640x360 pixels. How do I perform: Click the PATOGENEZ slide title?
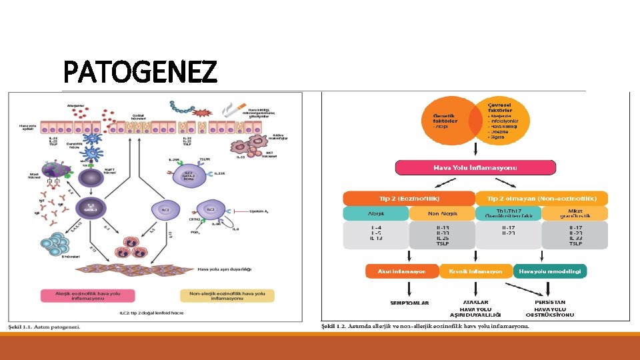point(140,71)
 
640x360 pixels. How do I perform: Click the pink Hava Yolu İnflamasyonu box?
point(475,167)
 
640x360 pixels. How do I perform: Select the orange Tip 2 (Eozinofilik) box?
point(407,198)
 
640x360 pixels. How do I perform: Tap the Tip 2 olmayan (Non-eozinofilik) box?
point(541,198)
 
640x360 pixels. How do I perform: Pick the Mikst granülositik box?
point(575,213)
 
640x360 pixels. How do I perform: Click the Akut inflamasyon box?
point(402,271)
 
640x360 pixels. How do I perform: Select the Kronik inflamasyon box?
point(475,271)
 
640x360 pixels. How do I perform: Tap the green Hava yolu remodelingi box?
point(550,271)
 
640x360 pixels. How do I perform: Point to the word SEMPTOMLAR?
point(410,303)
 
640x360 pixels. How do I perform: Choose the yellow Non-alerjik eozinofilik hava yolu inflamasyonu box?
point(227,295)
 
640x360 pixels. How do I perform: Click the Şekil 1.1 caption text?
point(44,327)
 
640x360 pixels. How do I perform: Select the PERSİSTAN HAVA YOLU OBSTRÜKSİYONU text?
point(550,308)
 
